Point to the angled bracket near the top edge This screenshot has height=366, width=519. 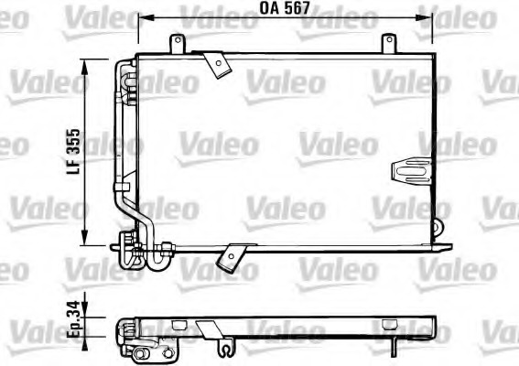click(217, 62)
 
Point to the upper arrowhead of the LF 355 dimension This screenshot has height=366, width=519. click(85, 64)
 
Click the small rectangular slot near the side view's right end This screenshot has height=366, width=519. click(388, 322)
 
